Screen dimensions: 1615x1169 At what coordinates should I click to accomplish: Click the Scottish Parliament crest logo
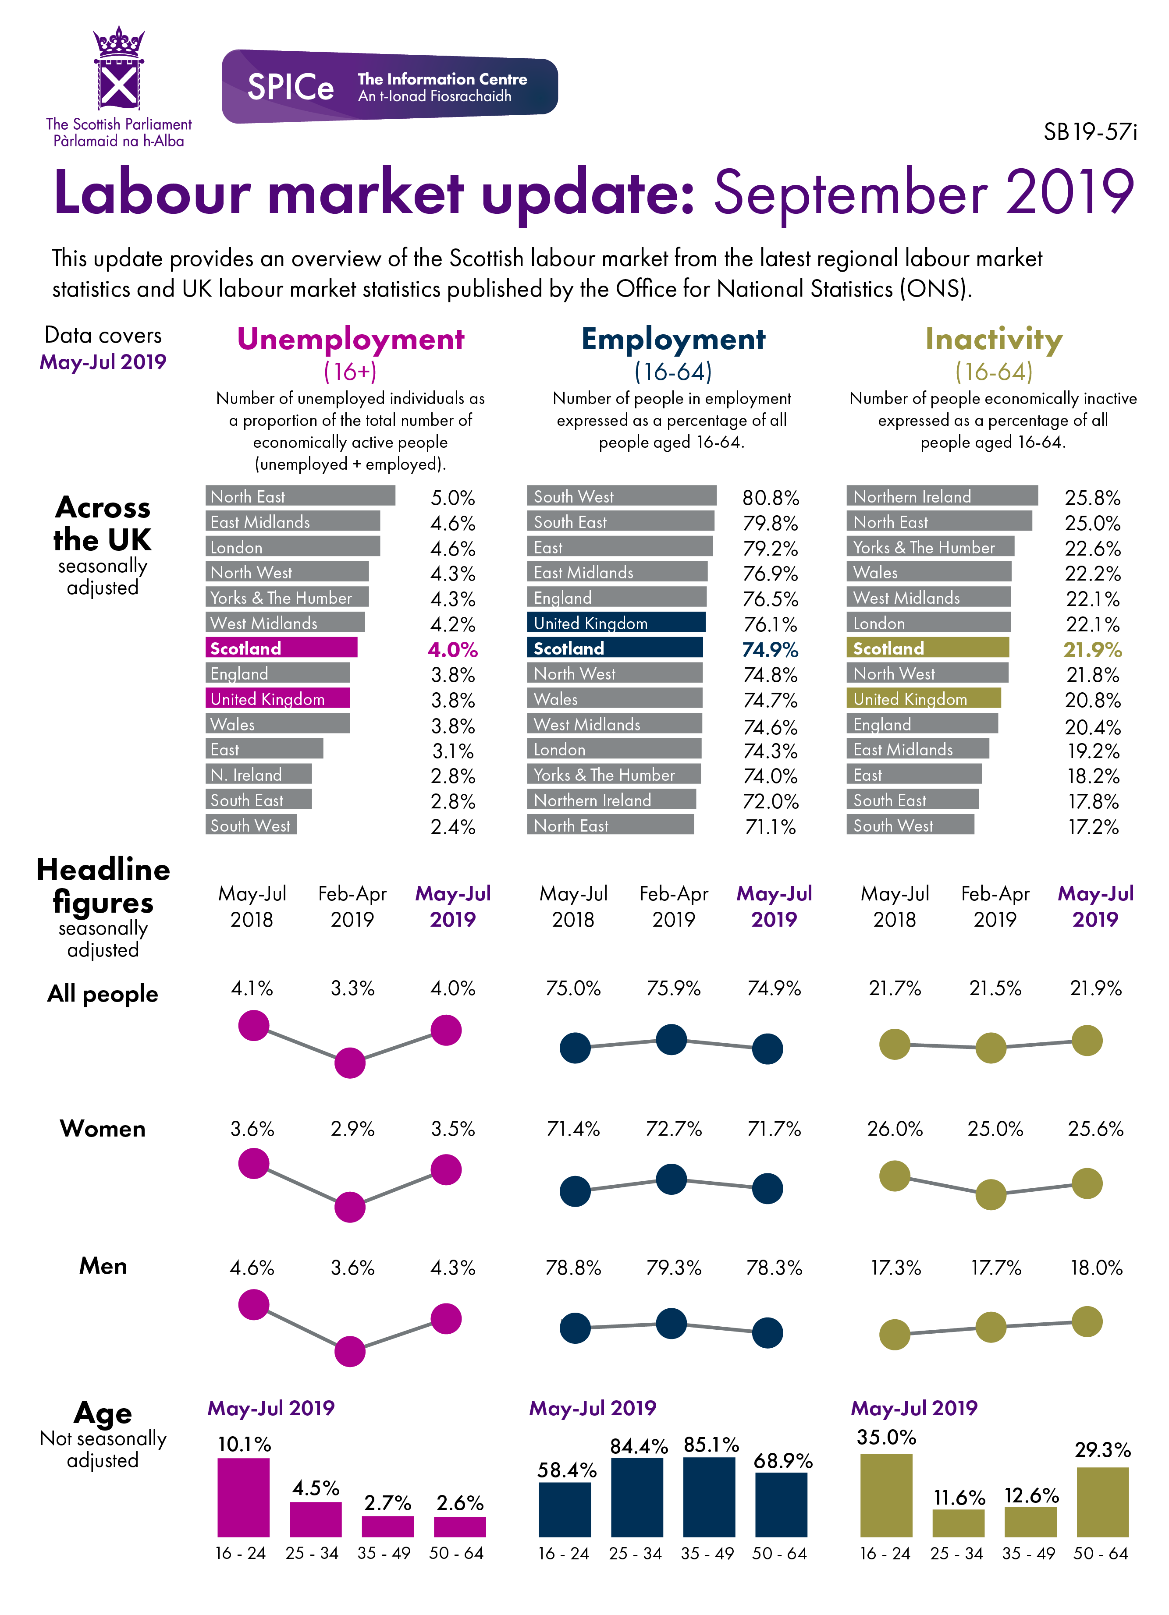coord(118,69)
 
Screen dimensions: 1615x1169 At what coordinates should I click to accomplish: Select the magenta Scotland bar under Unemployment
coord(281,648)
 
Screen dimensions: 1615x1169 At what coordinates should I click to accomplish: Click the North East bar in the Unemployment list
coord(300,496)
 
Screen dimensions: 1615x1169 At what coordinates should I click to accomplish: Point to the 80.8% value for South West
coord(770,498)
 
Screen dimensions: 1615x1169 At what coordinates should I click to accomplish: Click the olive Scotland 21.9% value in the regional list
coord(1091,649)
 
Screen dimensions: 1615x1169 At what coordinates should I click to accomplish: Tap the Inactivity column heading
coord(993,340)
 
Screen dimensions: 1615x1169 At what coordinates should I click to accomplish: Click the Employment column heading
coord(673,340)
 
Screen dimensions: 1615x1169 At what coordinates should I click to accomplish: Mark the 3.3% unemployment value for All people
coord(352,988)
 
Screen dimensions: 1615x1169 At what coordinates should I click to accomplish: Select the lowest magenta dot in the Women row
coord(350,1207)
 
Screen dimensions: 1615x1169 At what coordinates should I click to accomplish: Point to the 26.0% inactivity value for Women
coord(894,1129)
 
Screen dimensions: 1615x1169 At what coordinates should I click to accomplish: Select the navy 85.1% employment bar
coord(709,1496)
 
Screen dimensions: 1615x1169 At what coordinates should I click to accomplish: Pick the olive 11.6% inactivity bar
coord(958,1523)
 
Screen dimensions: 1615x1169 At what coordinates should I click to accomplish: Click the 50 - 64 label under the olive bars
coord(1101,1554)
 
